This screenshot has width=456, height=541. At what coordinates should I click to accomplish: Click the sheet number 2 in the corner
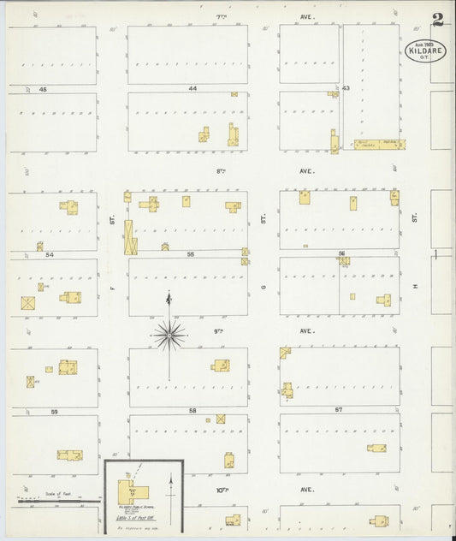tap(437, 19)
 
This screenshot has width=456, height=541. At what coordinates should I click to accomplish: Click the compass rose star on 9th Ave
tap(169, 335)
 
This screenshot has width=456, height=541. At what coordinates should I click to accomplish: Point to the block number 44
tap(193, 88)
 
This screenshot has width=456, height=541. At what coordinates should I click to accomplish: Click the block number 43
tap(346, 88)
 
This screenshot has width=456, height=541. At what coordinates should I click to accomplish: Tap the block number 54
tap(50, 254)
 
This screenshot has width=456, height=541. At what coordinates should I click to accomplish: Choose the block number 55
tap(192, 254)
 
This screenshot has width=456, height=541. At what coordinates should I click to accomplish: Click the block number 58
tap(192, 412)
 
